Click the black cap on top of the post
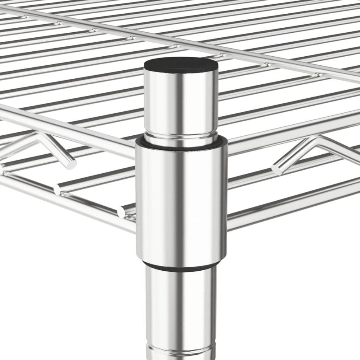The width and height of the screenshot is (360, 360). (x=181, y=63)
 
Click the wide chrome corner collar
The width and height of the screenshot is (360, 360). (x=181, y=201)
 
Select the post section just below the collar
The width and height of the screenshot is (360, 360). (x=181, y=304)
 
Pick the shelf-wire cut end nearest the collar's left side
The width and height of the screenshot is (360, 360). (x=121, y=212)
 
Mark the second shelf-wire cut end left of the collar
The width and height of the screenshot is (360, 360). (x=57, y=189)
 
